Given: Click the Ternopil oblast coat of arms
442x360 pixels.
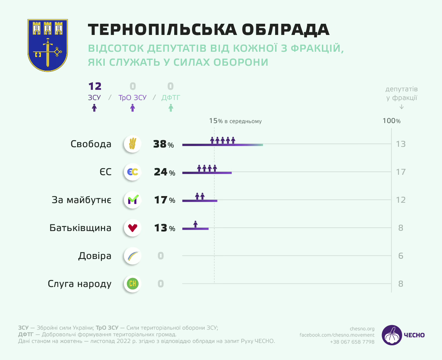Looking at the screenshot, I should [47, 45].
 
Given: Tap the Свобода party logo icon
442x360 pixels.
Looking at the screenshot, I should [132, 144].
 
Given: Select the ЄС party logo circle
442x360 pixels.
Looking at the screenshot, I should [132, 172].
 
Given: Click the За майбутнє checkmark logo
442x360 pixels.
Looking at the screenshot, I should [132, 200].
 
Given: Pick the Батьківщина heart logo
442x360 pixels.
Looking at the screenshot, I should [132, 228].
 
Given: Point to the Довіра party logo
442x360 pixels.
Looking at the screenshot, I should [132, 256].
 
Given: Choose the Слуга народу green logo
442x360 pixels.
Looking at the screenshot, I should [132, 283].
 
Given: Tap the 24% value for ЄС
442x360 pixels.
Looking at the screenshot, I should [164, 172].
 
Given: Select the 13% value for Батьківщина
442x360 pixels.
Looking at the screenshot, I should [164, 228].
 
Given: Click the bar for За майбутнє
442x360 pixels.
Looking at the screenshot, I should [200, 201].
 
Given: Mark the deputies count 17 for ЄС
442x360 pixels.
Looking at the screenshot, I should [400, 172].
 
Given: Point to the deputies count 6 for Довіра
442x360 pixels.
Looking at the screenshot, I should [400, 256].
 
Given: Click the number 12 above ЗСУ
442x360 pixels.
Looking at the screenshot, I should [95, 86].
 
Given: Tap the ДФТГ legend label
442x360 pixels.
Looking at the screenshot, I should [171, 98].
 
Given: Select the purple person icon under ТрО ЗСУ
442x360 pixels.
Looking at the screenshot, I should [132, 108].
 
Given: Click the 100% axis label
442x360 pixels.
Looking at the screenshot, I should [391, 121].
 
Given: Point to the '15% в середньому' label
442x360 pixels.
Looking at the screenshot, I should [235, 121].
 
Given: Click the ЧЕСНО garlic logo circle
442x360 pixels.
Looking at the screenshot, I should [392, 335].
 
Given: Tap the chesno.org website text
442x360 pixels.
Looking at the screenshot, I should [362, 329].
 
